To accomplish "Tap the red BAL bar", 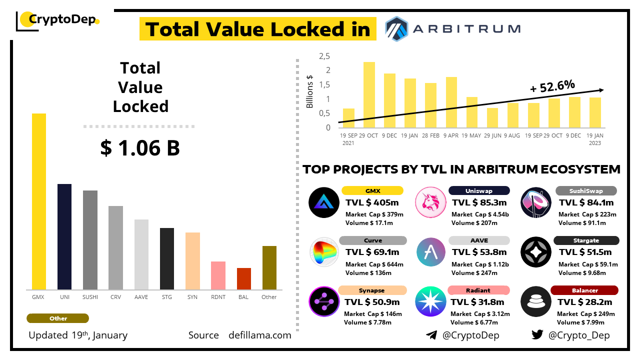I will tap(244, 278).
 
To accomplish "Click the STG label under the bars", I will tap(167, 297).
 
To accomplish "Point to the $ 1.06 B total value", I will tap(140, 148).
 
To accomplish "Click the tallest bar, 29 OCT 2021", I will tap(369, 94).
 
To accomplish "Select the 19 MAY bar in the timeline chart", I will tap(472, 112).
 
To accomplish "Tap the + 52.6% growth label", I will tap(552, 86).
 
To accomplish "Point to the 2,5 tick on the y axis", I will tap(324, 55).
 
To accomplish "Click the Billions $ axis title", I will tap(310, 91).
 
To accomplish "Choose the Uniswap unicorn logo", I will tap(430, 202).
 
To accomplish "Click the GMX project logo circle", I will tap(324, 202).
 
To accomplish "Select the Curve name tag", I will tap(372, 240).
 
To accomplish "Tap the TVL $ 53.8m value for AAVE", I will tap(479, 252).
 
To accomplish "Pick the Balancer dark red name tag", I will tap(584, 290).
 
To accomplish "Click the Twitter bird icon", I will tap(537, 335).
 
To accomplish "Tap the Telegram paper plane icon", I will tap(431, 335).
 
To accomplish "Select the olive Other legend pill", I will tap(58, 318).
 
